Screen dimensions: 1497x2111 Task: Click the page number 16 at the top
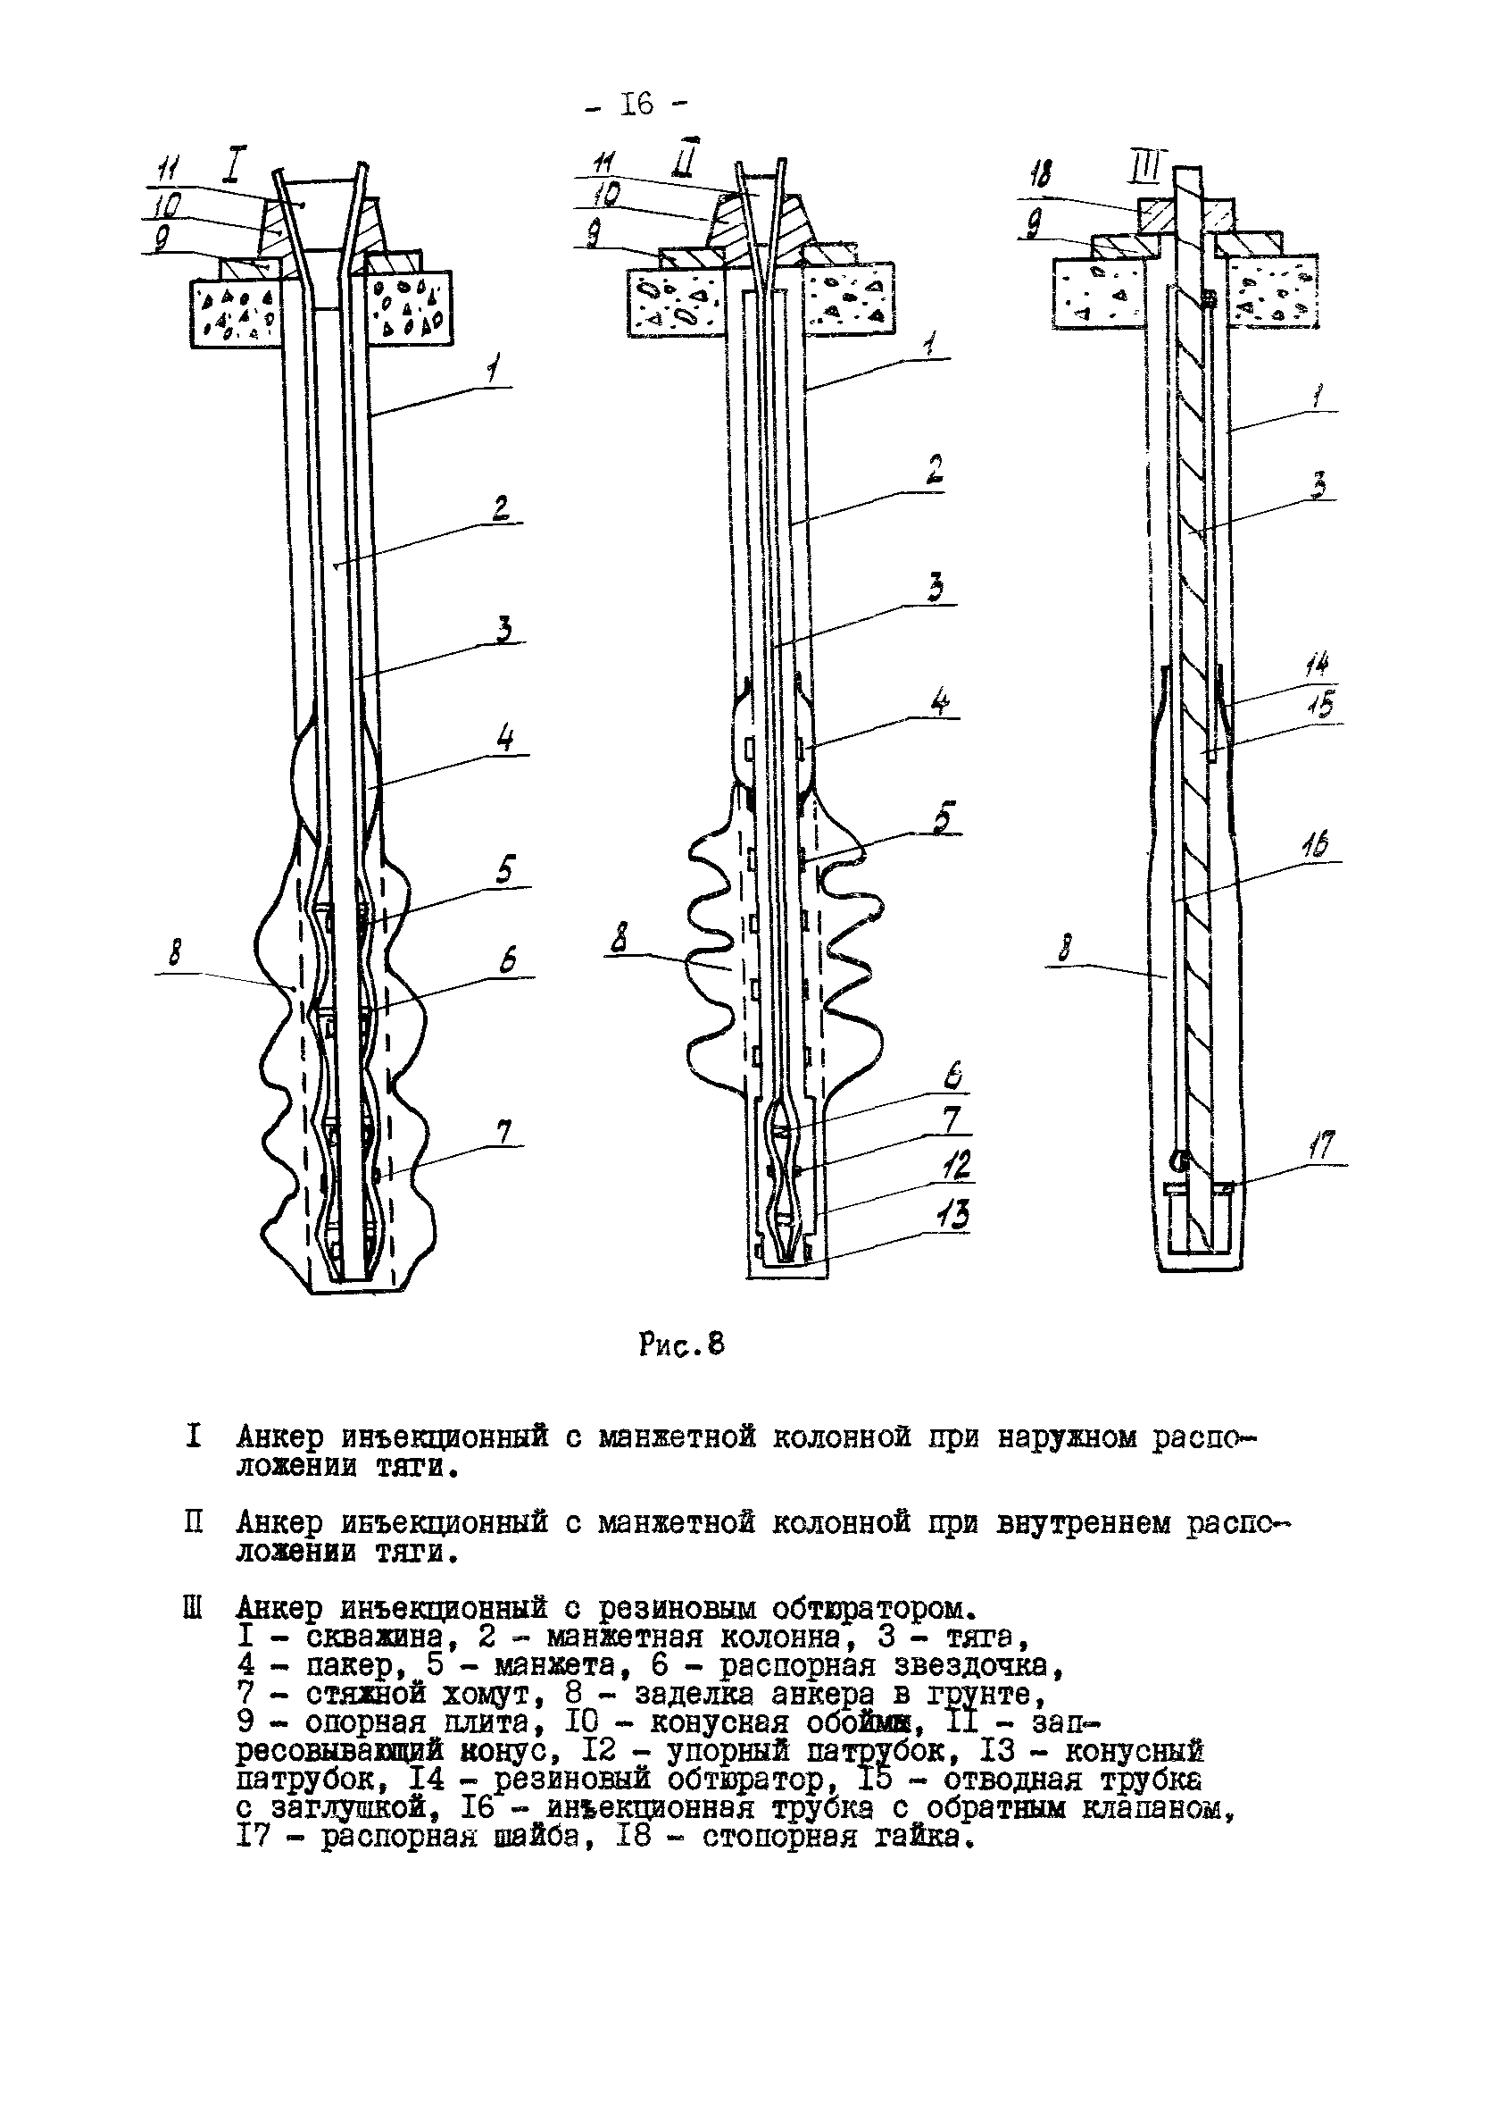click(x=637, y=105)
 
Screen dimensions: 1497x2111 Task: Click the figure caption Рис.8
click(x=681, y=1345)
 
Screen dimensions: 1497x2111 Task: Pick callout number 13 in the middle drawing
click(x=952, y=1214)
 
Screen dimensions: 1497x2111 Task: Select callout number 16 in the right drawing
click(x=1317, y=844)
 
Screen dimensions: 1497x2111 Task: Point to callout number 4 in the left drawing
click(x=506, y=740)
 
